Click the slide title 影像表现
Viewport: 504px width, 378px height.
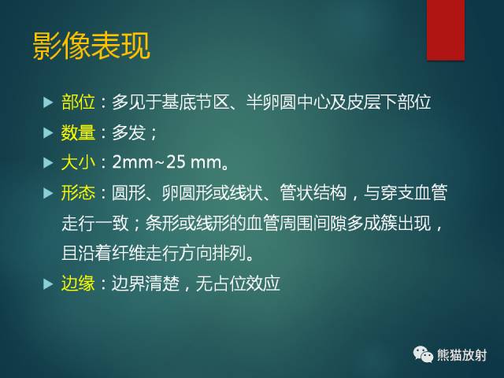tap(91, 46)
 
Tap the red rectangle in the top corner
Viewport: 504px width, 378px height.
tap(446, 30)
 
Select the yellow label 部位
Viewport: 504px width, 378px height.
tap(77, 102)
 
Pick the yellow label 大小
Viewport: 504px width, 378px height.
tap(77, 165)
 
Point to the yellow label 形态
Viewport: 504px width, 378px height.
tap(77, 193)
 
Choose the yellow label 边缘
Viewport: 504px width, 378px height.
tap(77, 283)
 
